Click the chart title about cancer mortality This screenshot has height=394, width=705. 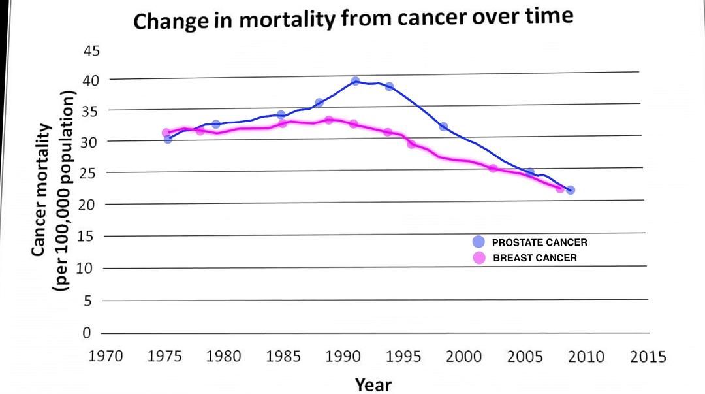coord(353,19)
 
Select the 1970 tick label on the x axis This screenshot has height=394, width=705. coord(105,357)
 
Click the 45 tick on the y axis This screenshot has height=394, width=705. coord(91,51)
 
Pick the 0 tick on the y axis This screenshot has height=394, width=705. coord(86,333)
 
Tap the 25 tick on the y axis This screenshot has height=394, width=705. coord(91,172)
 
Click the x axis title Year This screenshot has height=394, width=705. coord(373,384)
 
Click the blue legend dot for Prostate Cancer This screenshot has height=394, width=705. coord(478,242)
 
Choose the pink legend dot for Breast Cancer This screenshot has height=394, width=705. coord(478,258)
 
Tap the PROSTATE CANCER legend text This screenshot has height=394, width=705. coord(539,242)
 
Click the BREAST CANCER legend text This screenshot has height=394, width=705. coord(535,258)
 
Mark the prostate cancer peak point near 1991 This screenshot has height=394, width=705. coord(355,81)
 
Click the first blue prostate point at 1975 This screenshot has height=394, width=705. coord(168,139)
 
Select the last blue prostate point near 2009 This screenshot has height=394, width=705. coord(570,189)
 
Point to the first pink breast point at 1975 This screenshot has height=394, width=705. coord(166,133)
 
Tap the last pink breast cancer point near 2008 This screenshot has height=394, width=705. coord(559,188)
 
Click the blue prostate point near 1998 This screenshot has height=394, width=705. coord(443,126)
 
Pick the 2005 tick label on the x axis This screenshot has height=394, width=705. coord(525,357)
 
